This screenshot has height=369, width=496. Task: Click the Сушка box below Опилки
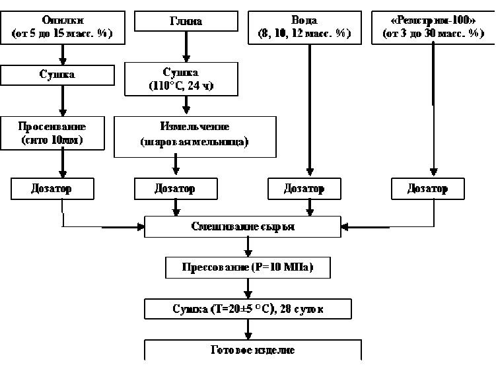[63, 75]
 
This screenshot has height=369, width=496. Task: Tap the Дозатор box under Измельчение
[175, 188]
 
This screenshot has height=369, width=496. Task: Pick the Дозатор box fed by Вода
[304, 188]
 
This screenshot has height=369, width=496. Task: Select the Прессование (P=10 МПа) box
[247, 268]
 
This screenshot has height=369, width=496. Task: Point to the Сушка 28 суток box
[247, 309]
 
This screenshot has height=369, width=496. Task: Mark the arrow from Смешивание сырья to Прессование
[248, 247]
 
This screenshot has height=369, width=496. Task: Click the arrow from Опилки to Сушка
[63, 53]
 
